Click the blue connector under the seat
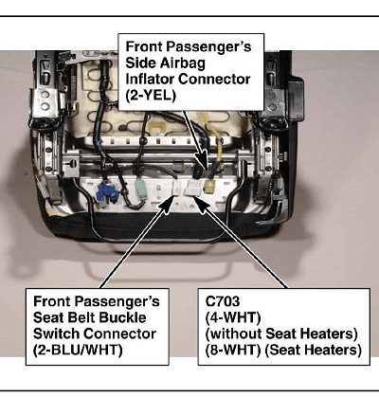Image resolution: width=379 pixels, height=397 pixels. coord(107,192)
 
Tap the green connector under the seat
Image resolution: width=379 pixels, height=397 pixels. coord(141,189)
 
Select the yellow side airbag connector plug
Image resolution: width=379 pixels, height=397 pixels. coord(208,187)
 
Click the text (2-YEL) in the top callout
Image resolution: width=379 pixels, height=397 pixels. coord(151,95)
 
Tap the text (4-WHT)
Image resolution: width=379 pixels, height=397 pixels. coord(233,317)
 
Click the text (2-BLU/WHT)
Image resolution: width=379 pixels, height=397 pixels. coord(78,350)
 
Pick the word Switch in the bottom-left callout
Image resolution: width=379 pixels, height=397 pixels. coord(57,334)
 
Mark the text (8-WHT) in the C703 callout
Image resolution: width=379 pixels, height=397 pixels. coord(233,350)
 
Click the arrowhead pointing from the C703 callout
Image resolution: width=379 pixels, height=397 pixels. coord(201,203)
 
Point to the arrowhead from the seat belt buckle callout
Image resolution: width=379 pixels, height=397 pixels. coord(168,203)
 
